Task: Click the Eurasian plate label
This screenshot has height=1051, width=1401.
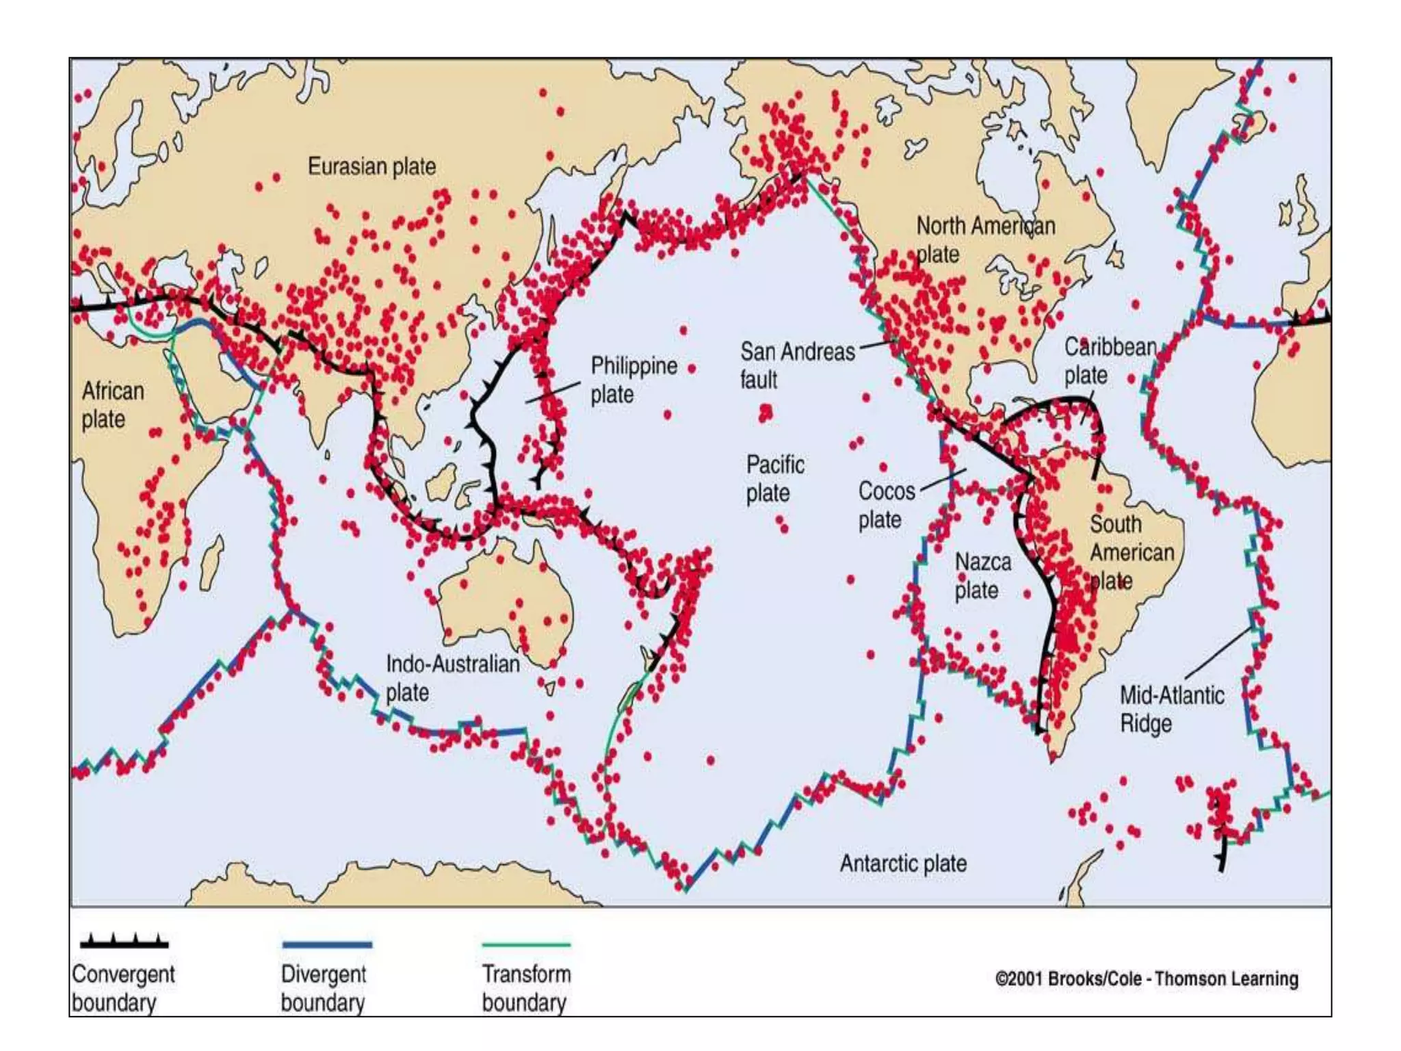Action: point(371,166)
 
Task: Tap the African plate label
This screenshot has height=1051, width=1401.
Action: point(113,405)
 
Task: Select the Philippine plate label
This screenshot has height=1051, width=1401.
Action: point(633,380)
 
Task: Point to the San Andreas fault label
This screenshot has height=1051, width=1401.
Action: point(797,365)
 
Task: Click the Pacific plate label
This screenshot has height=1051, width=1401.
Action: point(774,478)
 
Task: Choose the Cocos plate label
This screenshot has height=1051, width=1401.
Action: point(886,505)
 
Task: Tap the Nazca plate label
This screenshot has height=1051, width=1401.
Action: point(982,576)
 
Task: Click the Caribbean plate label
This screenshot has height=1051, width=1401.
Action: point(1110,361)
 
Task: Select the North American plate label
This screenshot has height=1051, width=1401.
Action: point(985,239)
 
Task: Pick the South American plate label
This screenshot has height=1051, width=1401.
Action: point(1131,552)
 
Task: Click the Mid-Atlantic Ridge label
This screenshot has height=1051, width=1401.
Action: point(1171,709)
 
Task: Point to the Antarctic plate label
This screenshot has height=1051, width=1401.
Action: point(903,864)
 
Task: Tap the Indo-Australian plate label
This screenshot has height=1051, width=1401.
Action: point(452,677)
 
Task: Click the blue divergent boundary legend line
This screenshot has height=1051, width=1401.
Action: point(327,945)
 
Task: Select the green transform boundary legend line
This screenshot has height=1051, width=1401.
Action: point(526,945)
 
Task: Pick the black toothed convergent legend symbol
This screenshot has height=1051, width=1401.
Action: point(124,942)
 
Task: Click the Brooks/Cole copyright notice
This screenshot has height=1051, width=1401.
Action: point(1147,979)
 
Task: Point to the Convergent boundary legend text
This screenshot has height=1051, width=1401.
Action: point(123,988)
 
